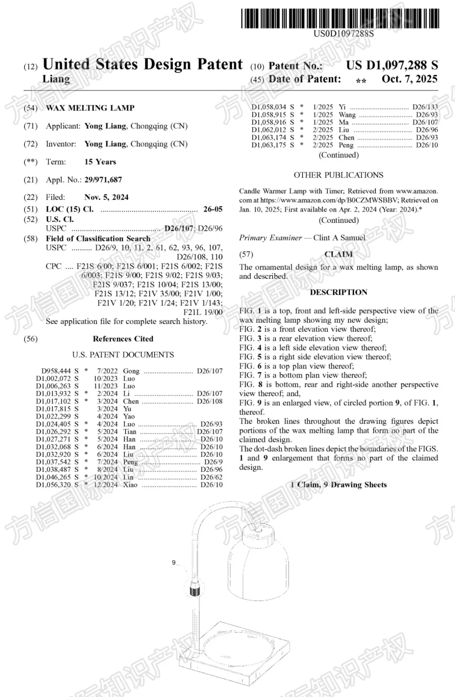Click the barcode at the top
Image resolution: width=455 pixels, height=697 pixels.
340,19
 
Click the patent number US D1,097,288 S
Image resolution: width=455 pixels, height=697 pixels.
392,65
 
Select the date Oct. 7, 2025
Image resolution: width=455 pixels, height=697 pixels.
409,79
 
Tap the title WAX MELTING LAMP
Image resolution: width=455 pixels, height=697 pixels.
90,108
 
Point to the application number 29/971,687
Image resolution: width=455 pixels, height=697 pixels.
103,180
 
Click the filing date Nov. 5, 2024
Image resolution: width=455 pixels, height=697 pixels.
106,197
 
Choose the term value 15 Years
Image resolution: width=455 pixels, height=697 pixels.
100,162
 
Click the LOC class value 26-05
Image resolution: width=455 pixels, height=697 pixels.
213,209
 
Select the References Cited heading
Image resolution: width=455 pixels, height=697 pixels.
123,339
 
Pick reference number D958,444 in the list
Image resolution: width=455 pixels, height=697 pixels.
56,371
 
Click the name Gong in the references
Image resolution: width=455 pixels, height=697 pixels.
131,371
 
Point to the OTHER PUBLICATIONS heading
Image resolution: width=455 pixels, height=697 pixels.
338,175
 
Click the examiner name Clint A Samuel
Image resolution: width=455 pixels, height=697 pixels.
339,238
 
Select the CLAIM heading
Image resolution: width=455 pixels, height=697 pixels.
338,254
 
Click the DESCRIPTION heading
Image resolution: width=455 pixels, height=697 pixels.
338,292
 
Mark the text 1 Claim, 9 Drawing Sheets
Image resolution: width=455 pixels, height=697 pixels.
338,484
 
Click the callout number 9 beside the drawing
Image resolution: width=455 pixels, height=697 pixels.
174,563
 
